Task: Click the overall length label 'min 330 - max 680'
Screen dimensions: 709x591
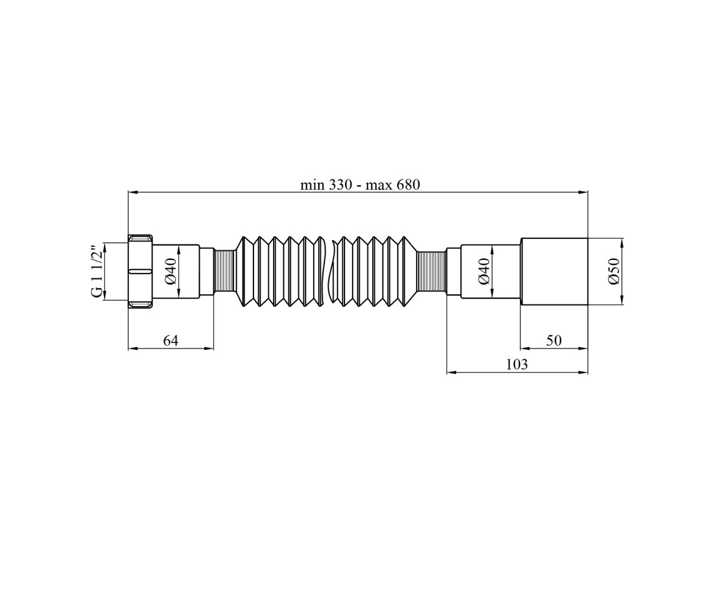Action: (360, 185)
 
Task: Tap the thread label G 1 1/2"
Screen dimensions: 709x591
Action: (97, 271)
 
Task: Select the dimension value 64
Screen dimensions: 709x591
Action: (171, 340)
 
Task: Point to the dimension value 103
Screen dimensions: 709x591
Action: (517, 365)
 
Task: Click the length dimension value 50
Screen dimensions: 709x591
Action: (554, 340)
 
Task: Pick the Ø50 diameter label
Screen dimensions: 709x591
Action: (614, 271)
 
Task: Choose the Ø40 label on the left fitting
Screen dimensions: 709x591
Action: (171, 271)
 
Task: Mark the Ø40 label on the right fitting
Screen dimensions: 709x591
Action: (484, 271)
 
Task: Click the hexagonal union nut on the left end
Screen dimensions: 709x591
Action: (140, 271)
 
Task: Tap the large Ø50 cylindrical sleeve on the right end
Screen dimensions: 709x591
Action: (554, 271)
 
